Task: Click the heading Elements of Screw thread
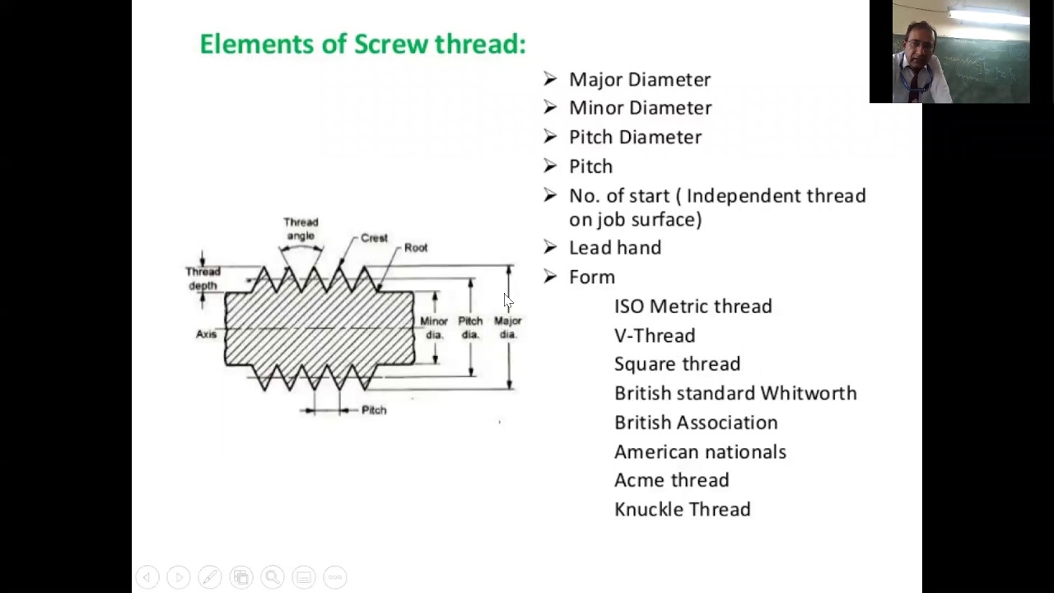point(362,44)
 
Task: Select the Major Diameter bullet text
point(639,80)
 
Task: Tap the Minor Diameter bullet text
point(640,108)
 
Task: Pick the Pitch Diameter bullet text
point(635,138)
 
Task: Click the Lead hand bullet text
point(614,248)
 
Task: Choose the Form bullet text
point(591,278)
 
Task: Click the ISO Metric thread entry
point(693,306)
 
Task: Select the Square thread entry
point(677,364)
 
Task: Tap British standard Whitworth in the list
point(735,394)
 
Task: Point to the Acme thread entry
point(671,480)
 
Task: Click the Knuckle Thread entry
point(682,510)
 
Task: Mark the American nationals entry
point(700,452)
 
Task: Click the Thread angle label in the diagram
point(301,229)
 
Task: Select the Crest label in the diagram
point(374,238)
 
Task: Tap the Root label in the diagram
point(416,248)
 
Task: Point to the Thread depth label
point(203,278)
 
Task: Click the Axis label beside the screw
point(206,334)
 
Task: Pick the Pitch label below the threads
point(374,410)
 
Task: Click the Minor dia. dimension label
point(434,328)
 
